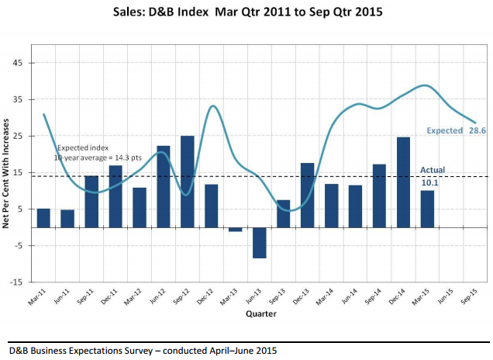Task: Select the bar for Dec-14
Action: click(x=404, y=182)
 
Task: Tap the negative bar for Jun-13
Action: click(x=259, y=243)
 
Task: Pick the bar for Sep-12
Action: click(x=187, y=182)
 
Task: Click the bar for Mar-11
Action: click(x=43, y=218)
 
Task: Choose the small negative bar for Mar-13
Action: click(x=235, y=230)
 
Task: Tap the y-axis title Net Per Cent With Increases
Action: click(x=7, y=172)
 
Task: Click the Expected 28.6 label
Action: click(x=456, y=131)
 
